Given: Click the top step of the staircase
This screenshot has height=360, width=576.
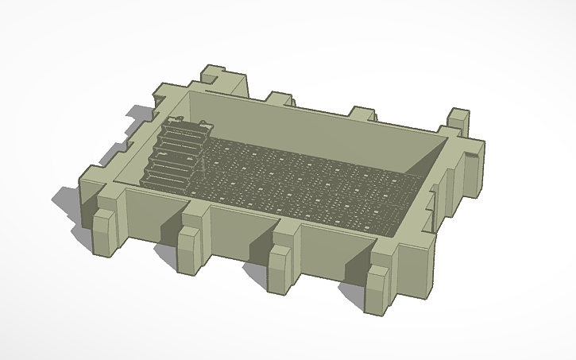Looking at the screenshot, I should pyautogui.click(x=184, y=126).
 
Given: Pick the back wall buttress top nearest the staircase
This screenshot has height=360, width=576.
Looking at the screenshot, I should pyautogui.click(x=280, y=99).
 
